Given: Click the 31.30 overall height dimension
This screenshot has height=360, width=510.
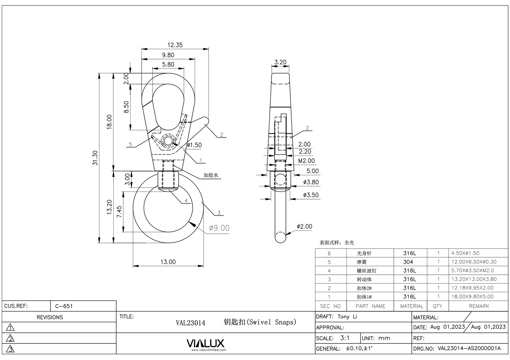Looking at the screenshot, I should (x=95, y=158).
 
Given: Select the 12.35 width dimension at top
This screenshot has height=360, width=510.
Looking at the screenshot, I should (x=175, y=45).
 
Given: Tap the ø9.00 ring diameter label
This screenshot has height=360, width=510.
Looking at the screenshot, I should (x=219, y=228).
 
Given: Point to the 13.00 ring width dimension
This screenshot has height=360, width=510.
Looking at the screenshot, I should (x=168, y=262).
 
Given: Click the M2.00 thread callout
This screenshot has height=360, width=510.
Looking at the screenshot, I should (x=306, y=161).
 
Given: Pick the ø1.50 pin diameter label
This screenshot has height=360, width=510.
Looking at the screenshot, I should (x=194, y=145).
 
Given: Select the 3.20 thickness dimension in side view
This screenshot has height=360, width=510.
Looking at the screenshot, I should (x=280, y=62).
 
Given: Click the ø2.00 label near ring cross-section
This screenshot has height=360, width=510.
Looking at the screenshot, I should (x=304, y=226).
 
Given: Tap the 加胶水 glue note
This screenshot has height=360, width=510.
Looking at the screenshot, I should (x=211, y=175).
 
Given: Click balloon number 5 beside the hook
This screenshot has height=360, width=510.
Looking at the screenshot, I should (x=130, y=144).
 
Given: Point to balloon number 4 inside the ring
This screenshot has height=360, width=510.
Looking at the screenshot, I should (x=186, y=201).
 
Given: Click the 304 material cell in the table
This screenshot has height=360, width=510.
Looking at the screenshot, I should (x=408, y=262).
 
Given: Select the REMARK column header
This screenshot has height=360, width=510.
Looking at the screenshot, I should (x=479, y=306).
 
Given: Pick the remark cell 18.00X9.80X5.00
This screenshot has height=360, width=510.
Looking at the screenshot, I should (x=472, y=297).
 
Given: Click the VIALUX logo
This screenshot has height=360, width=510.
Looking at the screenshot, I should (x=205, y=343).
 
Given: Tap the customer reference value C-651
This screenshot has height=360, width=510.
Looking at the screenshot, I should (x=64, y=306).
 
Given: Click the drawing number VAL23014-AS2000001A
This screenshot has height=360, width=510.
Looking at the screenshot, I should (x=469, y=348).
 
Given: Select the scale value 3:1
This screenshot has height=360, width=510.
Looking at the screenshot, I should (x=344, y=338).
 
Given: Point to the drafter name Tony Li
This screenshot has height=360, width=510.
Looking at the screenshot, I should (x=347, y=317).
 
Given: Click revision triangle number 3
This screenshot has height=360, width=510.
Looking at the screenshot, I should (x=11, y=349).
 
